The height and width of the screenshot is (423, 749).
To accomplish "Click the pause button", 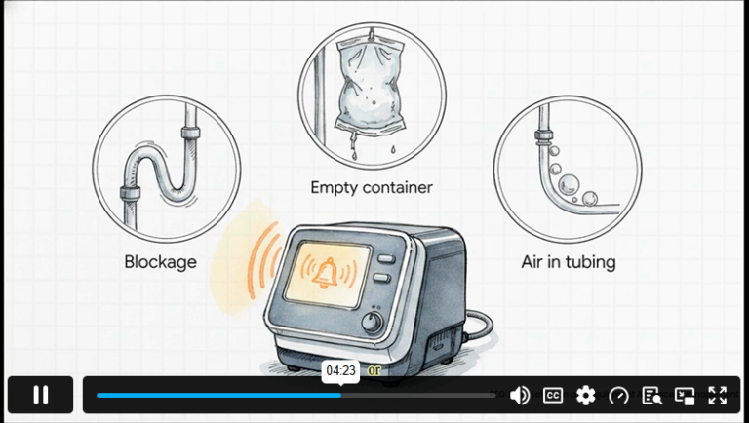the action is click(x=41, y=395).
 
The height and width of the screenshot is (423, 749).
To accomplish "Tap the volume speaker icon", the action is click(x=520, y=396).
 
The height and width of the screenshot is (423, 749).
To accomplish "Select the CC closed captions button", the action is click(x=553, y=396).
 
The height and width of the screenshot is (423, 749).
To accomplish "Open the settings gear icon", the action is click(x=585, y=396).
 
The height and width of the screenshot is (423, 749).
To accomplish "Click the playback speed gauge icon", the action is click(x=619, y=396).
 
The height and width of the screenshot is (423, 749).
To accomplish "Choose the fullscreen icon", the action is click(x=718, y=396).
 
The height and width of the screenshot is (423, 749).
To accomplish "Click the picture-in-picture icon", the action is click(x=685, y=396).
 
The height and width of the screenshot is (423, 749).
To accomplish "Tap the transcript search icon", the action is click(x=652, y=396).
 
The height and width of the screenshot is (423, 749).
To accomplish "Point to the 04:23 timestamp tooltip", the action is click(x=340, y=371).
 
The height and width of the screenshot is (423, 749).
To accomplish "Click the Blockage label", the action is click(x=161, y=262).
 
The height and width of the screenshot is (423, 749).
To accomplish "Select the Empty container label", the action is click(x=372, y=187).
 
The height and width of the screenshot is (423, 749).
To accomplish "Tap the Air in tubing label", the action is click(x=569, y=262).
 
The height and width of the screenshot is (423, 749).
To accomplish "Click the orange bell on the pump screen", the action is click(x=326, y=273).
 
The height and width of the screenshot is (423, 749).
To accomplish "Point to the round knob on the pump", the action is click(x=373, y=323).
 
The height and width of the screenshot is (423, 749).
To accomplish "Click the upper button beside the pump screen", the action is click(x=386, y=258).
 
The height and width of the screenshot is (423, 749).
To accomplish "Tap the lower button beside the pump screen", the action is click(x=382, y=278).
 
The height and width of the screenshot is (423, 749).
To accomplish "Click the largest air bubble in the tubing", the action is click(x=569, y=184).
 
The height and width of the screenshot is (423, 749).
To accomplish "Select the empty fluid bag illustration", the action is click(x=371, y=86).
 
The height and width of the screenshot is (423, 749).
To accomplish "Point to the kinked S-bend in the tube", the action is click(x=161, y=170).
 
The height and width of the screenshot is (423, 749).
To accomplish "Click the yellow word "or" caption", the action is click(x=374, y=370).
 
